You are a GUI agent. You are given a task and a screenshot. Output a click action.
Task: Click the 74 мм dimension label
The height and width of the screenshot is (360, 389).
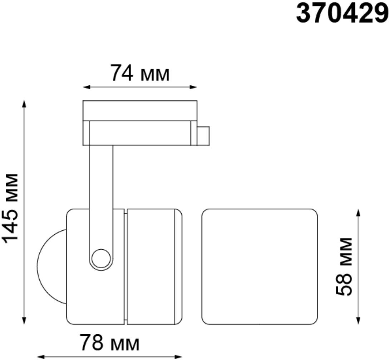pos(140,73)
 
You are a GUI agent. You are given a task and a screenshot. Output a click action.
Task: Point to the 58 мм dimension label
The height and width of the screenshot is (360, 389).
pos(344,266)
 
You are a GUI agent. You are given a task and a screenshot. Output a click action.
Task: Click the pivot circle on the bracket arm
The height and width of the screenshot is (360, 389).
pos(101,259)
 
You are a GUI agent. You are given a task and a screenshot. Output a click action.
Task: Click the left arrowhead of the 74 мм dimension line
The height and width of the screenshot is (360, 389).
pos(86,87)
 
